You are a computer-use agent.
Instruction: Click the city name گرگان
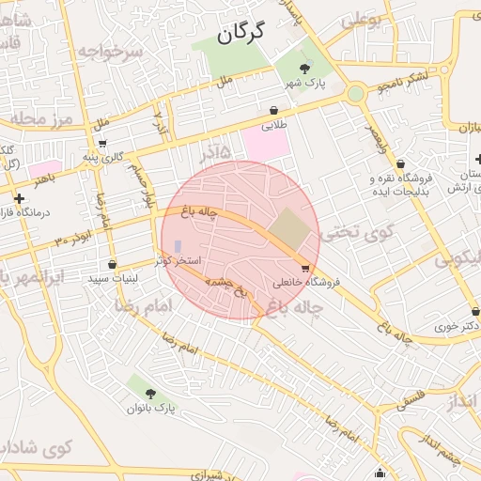pos(240,33)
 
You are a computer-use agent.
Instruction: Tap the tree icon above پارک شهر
pos(303,68)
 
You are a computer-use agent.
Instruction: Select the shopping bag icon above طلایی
pos(273,110)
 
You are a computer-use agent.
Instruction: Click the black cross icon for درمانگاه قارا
pos(20,198)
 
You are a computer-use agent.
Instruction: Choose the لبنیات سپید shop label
pos(114,279)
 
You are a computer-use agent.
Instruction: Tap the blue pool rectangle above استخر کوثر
pos(178,246)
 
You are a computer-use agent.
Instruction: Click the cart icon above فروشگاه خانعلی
pos(304,268)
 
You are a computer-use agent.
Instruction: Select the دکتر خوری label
pos(457,325)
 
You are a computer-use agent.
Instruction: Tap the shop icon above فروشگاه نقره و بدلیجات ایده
pos(400,163)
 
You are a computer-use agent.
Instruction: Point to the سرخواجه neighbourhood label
pos(112,52)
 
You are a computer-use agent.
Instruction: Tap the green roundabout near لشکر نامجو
pos(355,93)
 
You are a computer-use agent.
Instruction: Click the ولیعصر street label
pos(375,140)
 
